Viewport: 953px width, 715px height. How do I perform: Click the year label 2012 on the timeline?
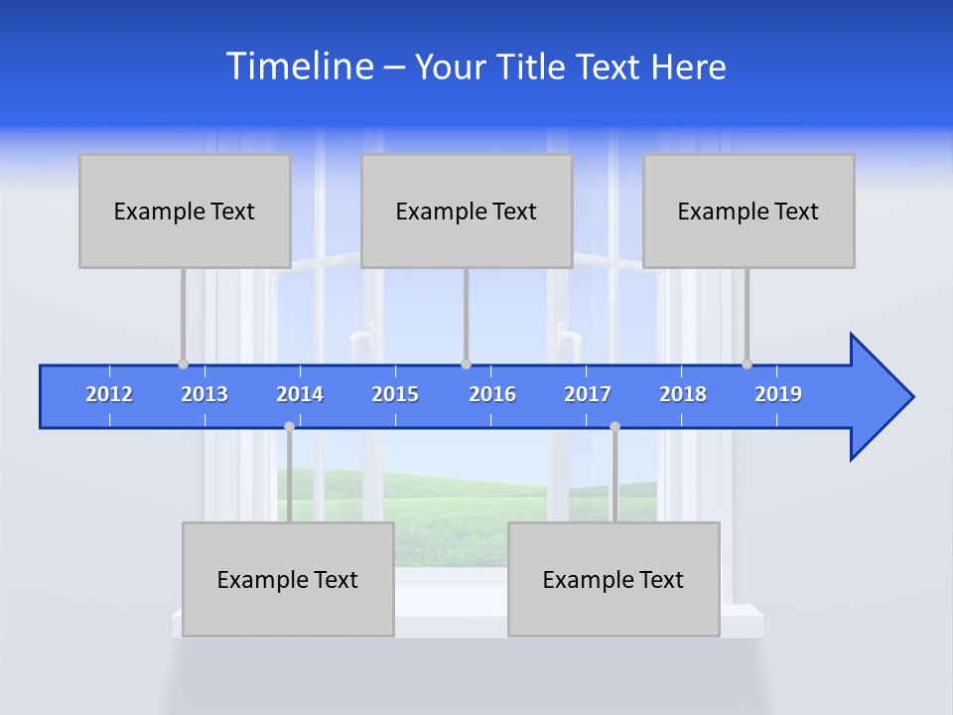click(109, 394)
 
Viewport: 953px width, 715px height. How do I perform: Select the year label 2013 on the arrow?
click(204, 394)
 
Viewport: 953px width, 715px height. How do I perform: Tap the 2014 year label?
click(300, 394)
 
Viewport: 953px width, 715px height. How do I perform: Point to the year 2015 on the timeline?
click(395, 394)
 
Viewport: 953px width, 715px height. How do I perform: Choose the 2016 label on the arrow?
click(492, 394)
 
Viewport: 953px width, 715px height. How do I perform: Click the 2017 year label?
click(588, 394)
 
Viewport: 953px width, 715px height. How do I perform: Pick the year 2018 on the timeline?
click(683, 394)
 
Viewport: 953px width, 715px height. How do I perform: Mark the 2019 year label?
click(778, 394)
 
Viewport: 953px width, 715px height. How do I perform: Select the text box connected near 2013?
click(185, 211)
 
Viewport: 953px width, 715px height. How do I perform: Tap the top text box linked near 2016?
click(467, 211)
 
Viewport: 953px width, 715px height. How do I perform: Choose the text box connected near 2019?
click(749, 211)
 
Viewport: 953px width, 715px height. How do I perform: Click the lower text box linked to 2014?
click(288, 579)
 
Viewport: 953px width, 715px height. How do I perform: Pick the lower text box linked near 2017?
click(613, 579)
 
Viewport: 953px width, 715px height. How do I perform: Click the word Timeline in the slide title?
click(299, 67)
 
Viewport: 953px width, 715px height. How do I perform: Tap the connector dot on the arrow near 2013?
click(183, 364)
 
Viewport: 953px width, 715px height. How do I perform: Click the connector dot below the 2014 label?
click(289, 426)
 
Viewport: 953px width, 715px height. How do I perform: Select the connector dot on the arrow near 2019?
click(747, 364)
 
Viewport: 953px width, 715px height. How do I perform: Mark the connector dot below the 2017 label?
click(614, 426)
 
